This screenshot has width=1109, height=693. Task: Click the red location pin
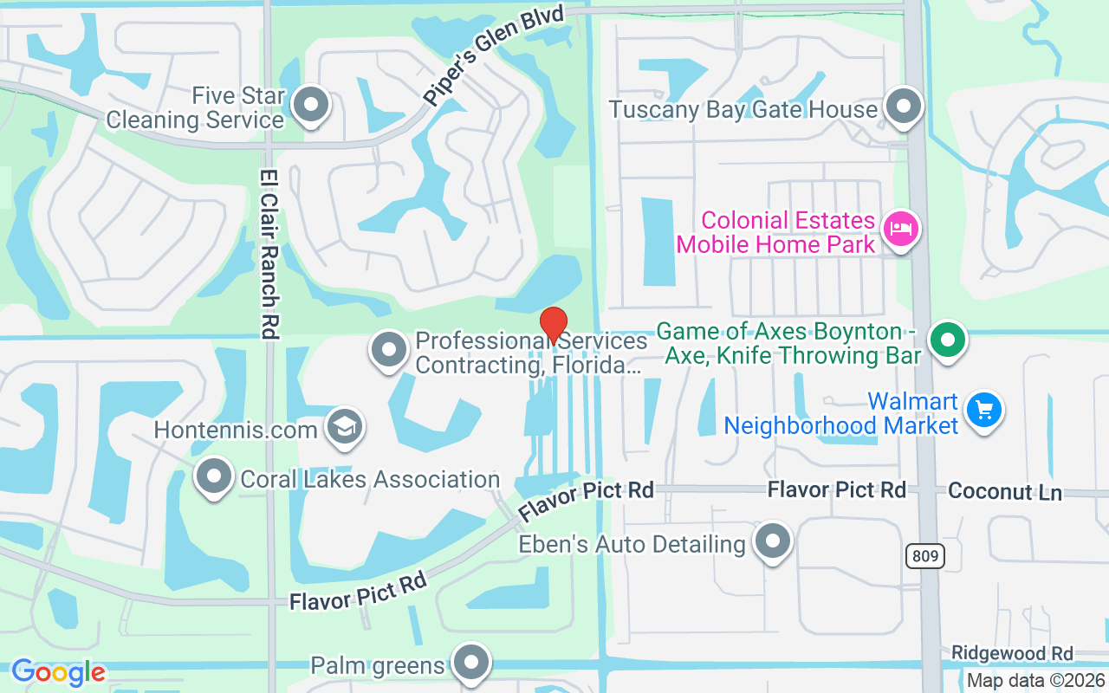point(554,326)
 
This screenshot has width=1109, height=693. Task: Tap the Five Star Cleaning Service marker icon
point(309,106)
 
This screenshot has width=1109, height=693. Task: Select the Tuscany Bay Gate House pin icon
point(905,107)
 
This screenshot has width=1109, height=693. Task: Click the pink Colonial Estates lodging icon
point(900,230)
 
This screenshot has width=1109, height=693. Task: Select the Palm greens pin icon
point(471,663)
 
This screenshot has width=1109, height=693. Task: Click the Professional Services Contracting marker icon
point(389,351)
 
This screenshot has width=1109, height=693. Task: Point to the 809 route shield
point(925,556)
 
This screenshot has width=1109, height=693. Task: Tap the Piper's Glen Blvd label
point(494,55)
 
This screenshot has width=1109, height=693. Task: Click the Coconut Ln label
point(1005,491)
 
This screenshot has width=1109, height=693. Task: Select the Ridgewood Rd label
point(1012,653)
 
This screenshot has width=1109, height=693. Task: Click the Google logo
point(58,672)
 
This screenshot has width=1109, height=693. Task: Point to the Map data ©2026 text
point(1036,681)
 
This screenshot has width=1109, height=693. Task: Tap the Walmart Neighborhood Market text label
point(841,414)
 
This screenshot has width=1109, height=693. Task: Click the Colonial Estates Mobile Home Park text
point(775,232)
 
